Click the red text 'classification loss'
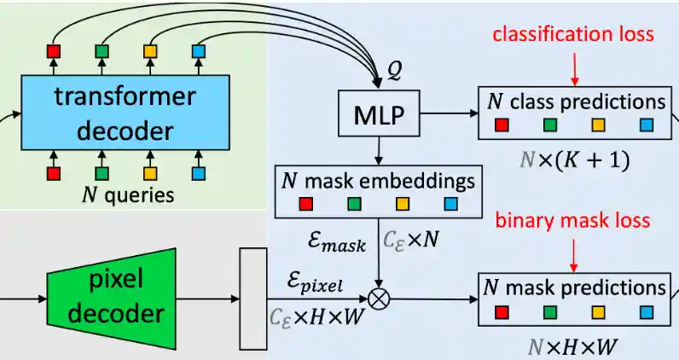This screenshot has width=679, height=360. pos(573,34)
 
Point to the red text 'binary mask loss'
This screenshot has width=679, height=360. pos(573,221)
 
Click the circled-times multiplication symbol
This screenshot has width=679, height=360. pos(376,299)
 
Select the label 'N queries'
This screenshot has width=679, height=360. pos(128,195)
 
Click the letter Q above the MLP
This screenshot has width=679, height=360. pos(394,73)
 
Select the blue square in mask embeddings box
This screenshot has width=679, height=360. pos(451,204)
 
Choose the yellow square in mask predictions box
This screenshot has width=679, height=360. pos(600,311)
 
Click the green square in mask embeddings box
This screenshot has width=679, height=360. pos(354,204)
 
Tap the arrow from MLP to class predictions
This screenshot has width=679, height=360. pos(447,113)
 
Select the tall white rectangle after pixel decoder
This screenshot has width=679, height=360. pos(253,299)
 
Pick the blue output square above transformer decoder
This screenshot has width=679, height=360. pos(200,52)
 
